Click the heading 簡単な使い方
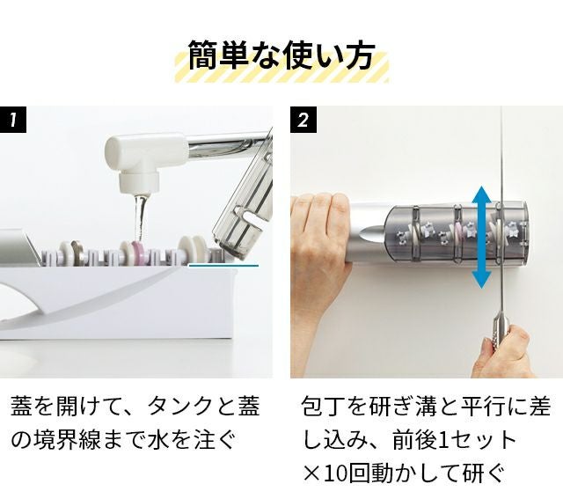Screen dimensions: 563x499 (281, 55)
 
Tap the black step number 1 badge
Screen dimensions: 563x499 (13, 120)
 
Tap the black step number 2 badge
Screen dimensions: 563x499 (303, 120)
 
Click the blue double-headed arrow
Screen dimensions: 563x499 (481, 237)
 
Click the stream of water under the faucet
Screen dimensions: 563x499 (141, 217)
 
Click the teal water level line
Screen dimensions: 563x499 (223, 266)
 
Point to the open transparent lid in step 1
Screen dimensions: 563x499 (245, 202)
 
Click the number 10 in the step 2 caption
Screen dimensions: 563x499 (336, 473)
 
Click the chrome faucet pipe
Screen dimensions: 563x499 (230, 143)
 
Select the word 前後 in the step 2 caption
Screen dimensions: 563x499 (414, 440)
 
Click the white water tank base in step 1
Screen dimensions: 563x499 (119, 302)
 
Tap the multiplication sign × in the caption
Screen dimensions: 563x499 (312, 474)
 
